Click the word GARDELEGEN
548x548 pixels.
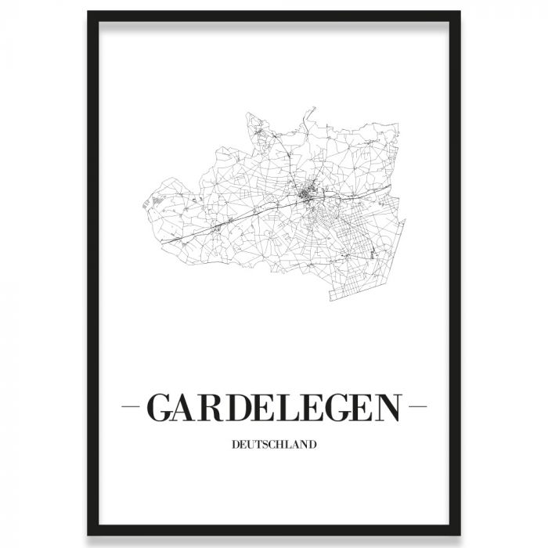click(x=274, y=408)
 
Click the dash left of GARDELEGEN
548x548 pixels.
click(x=132, y=408)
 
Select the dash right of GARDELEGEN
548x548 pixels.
click(x=417, y=408)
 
